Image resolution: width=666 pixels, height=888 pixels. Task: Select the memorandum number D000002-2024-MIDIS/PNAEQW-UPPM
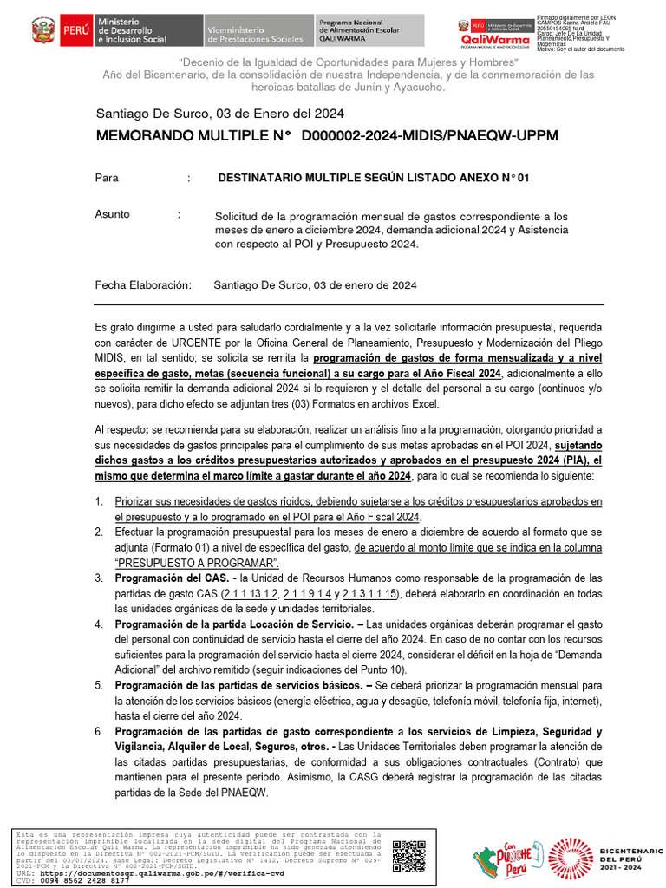tap(429, 137)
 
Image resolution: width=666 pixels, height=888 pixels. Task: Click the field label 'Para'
tap(107, 178)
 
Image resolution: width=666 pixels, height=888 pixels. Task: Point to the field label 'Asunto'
tap(113, 214)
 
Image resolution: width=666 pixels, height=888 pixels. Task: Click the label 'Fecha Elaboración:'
tap(142, 284)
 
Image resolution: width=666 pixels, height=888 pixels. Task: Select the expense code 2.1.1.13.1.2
tap(251, 593)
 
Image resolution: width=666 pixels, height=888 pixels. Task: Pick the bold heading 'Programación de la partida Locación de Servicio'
tap(234, 624)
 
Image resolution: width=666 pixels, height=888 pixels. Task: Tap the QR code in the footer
tap(408, 856)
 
